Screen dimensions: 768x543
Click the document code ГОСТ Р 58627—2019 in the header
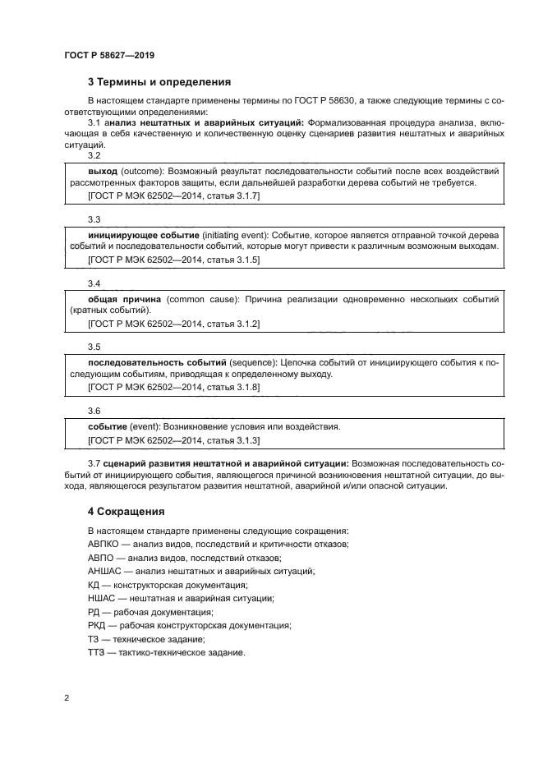(108, 55)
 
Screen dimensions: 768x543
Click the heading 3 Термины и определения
(159, 82)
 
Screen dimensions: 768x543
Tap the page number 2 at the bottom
(67, 698)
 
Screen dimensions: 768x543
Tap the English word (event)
(145, 427)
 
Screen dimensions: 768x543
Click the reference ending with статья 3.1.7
(173, 196)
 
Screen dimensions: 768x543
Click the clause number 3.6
(94, 411)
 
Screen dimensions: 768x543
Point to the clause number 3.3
(94, 219)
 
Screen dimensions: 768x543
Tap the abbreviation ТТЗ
(96, 653)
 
